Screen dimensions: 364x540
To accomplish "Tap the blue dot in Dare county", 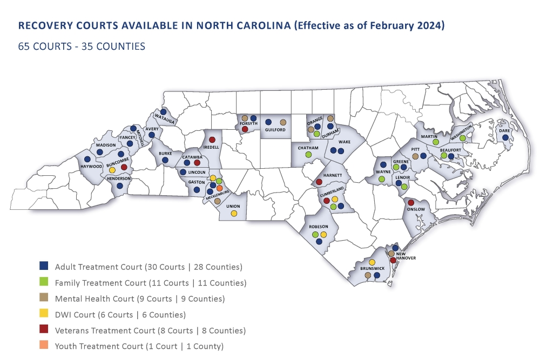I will point(505,138).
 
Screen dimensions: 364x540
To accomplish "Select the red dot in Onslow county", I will point(410,202).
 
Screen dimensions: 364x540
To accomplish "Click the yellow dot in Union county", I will point(234,214).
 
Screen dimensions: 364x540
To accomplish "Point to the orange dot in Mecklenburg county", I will point(220,188).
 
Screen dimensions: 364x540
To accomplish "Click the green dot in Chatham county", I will point(308,155).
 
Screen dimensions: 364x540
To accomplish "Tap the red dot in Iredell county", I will point(212,139).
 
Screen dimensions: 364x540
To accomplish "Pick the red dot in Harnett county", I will point(319,182).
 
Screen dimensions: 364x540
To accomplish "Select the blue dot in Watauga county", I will point(164,112).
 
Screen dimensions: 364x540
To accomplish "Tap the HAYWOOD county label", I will point(91,167).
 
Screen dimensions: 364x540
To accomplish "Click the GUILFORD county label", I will point(275,130).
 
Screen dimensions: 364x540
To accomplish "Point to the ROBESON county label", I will point(319,228).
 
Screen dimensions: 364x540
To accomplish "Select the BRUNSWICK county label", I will point(372,268).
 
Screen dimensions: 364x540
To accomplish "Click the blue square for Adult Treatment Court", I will point(44,266).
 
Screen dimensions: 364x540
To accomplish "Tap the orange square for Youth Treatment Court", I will point(44,346).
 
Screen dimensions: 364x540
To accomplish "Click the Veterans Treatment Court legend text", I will point(150,330).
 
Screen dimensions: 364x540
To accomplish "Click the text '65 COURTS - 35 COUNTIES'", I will point(82,47).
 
